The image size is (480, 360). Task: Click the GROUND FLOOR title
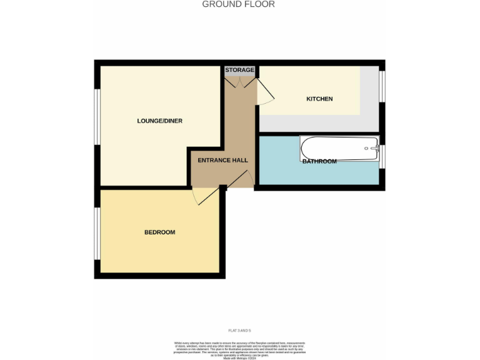(x=239, y=4)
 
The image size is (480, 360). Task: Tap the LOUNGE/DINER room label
(x=159, y=121)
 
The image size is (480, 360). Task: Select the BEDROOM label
(x=159, y=232)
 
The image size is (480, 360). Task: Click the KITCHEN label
(x=319, y=99)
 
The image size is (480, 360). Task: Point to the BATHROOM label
(x=319, y=161)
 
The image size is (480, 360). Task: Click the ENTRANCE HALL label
(x=222, y=160)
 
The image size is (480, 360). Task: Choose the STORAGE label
(x=240, y=70)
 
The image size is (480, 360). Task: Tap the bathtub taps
(x=374, y=149)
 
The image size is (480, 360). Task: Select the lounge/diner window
(x=97, y=118)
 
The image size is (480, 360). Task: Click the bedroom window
(x=97, y=233)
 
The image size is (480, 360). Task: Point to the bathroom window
(x=382, y=156)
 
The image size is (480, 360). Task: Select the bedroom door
(x=206, y=196)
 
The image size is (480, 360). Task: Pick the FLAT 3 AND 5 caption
(x=239, y=330)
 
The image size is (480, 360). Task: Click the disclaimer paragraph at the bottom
(x=239, y=349)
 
